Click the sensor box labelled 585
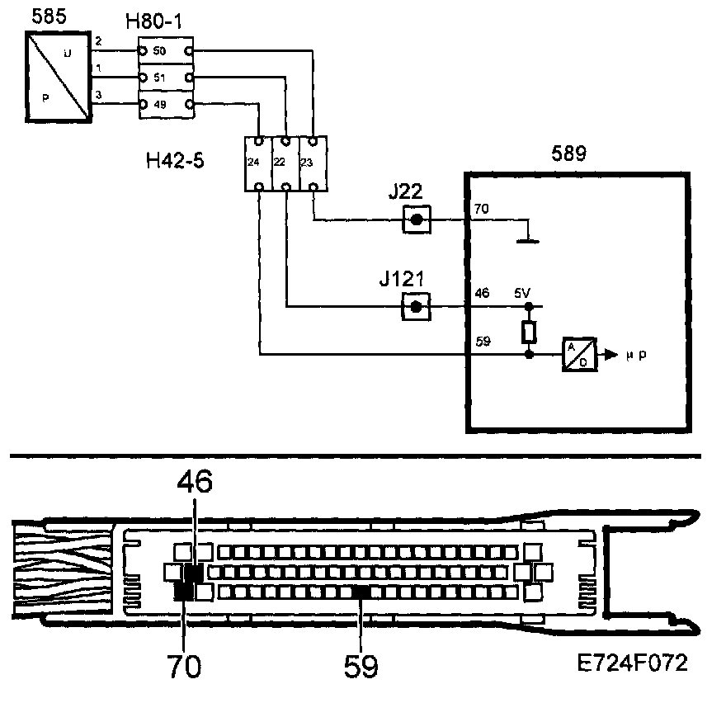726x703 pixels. [x=59, y=78]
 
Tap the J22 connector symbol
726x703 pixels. [x=417, y=219]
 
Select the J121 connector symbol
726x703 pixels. [x=417, y=306]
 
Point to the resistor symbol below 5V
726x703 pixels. [x=528, y=332]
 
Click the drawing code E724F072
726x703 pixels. [x=634, y=663]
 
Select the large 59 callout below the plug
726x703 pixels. [x=361, y=665]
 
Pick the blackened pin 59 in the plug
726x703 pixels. [x=361, y=591]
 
